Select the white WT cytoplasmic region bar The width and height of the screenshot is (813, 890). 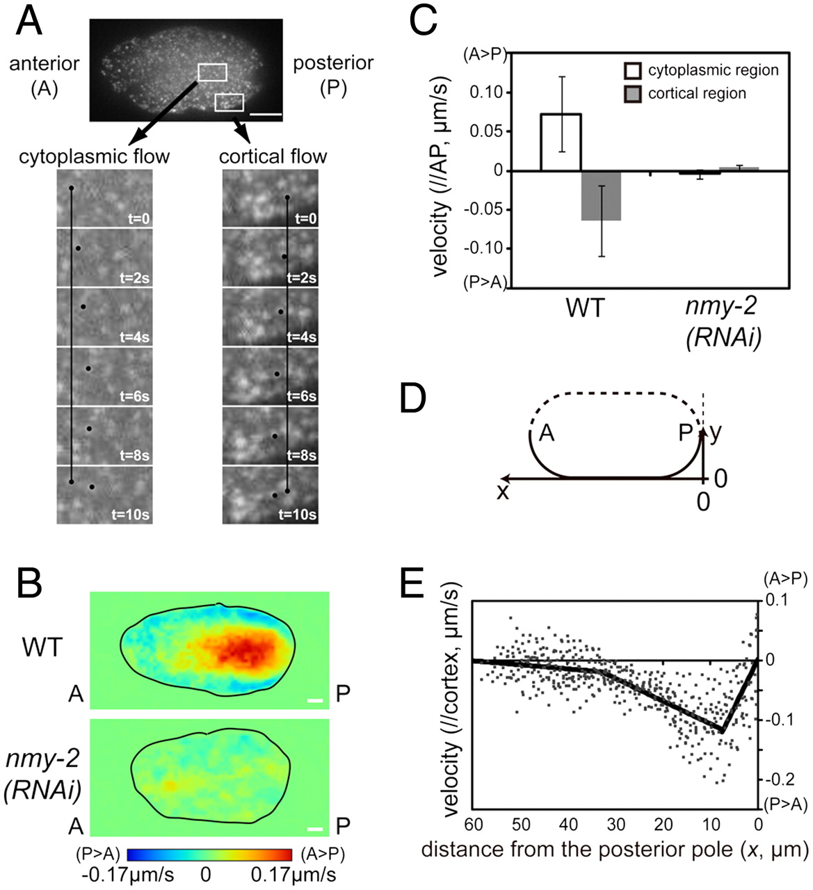[x=561, y=142]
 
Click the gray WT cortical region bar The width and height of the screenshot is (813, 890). [x=601, y=195]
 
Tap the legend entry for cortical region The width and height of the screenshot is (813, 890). [x=696, y=93]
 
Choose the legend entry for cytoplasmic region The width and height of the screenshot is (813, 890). [x=712, y=70]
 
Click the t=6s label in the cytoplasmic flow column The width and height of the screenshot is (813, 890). [x=135, y=396]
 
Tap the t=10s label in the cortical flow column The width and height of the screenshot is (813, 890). [x=298, y=515]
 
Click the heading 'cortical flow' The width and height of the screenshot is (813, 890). [x=273, y=156]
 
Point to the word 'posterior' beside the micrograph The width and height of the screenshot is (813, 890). [x=332, y=63]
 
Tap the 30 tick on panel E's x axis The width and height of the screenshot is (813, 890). [x=615, y=825]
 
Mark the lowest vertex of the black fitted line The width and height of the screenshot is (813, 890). [x=722, y=731]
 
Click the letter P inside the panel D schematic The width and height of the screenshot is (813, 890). [x=686, y=433]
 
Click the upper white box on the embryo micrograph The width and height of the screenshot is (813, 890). [x=213, y=72]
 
